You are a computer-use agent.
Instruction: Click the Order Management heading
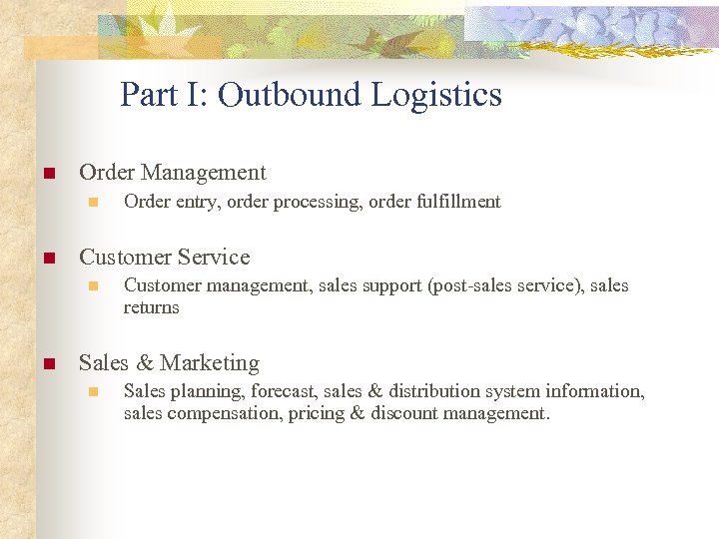click(173, 173)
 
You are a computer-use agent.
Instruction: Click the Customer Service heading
click(165, 258)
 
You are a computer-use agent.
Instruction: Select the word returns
click(152, 307)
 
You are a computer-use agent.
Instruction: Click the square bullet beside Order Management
click(47, 175)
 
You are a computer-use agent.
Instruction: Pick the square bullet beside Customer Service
click(47, 259)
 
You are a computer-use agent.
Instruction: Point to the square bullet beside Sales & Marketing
click(47, 364)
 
